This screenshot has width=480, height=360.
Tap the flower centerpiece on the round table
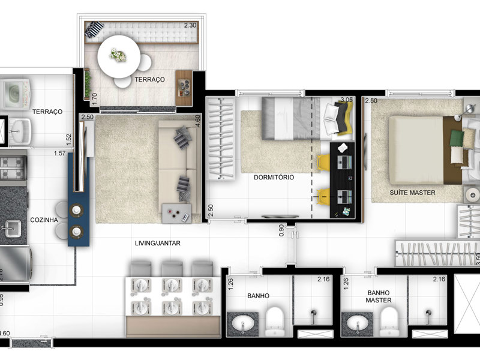tap(118, 55)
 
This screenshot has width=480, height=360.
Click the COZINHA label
tap(44, 220)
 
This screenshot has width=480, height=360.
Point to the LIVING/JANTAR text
tap(158, 243)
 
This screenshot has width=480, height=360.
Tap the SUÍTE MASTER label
tap(412, 193)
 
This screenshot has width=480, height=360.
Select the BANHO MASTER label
tap(379, 296)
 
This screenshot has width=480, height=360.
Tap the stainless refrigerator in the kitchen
tap(16, 264)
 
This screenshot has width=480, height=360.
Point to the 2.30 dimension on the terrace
tap(190, 25)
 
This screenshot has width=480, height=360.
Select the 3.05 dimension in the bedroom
tap(346, 100)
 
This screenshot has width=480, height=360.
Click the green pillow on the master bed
tap(457, 139)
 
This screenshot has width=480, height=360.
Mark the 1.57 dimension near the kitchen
tap(59, 154)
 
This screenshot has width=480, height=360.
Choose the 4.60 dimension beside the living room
tap(198, 119)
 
